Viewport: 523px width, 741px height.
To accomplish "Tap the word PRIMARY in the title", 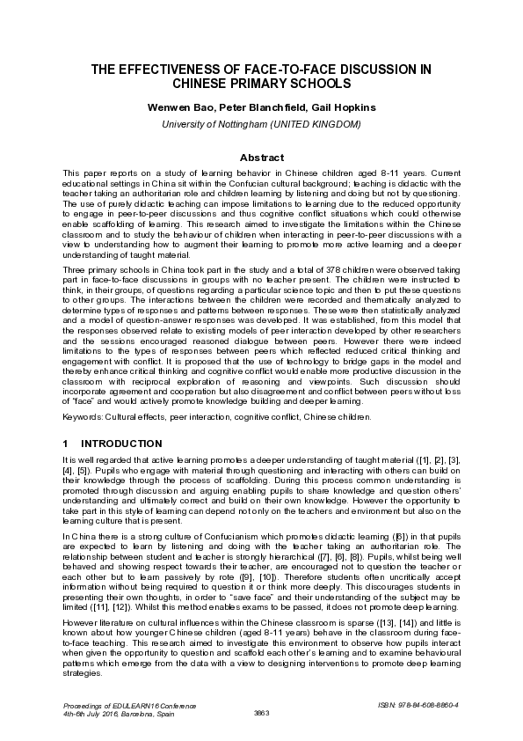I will (280, 84).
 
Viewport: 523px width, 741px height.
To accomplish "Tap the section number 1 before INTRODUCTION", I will (65, 443).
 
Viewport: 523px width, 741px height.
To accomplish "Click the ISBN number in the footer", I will (423, 705).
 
